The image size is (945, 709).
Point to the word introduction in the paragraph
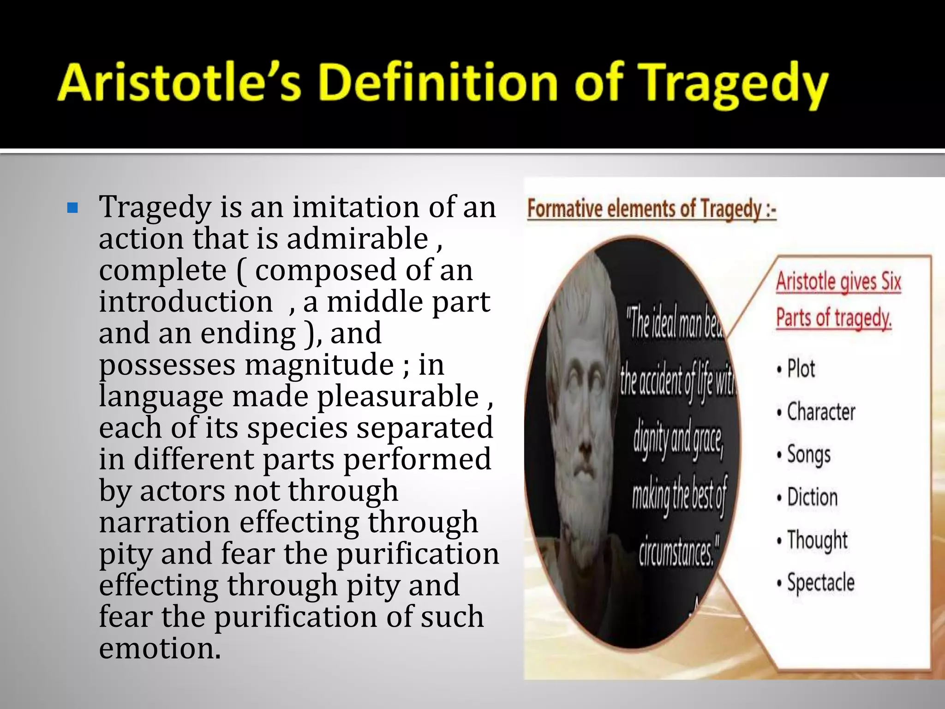185,302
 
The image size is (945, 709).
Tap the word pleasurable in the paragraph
398,397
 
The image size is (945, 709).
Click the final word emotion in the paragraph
160,648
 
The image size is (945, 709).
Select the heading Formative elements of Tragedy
651,209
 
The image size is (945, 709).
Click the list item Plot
801,369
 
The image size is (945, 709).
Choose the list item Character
820,412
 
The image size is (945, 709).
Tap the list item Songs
808,455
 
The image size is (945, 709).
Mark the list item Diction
812,497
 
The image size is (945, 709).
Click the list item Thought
817,540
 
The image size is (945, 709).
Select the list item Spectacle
820,583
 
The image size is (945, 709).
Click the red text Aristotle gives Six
838,281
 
